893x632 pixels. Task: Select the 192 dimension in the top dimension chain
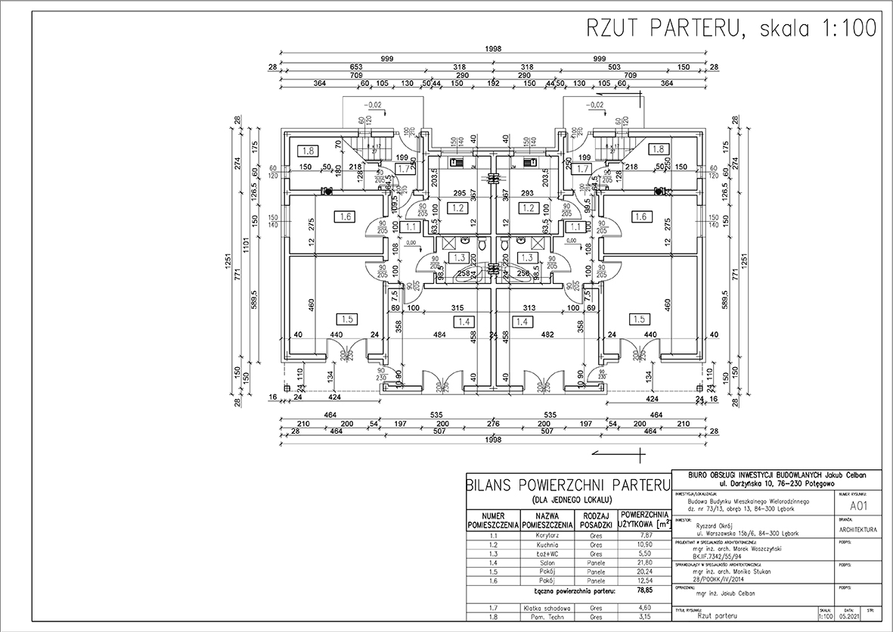pyautogui.click(x=495, y=83)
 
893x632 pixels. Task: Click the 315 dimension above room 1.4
pyautogui.click(x=457, y=308)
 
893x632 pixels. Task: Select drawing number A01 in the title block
pyautogui.click(x=857, y=505)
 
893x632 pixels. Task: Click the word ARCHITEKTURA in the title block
pyautogui.click(x=857, y=529)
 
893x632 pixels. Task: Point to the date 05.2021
pyautogui.click(x=850, y=617)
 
